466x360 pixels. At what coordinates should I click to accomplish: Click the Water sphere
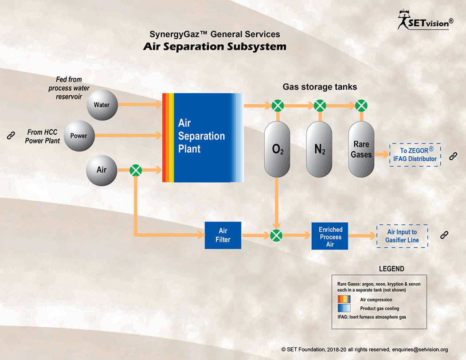click(102, 105)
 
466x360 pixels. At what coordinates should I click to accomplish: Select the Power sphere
click(79, 136)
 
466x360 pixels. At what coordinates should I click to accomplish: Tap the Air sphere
click(102, 170)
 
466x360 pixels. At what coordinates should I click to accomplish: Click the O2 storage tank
click(277, 149)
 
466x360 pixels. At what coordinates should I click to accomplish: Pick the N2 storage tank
click(319, 149)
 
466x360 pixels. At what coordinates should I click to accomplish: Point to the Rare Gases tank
click(361, 149)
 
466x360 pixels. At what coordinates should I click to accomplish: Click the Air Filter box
click(223, 235)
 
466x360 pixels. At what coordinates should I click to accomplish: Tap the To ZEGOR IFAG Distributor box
click(415, 155)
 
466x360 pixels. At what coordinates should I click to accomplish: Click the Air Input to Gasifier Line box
click(402, 236)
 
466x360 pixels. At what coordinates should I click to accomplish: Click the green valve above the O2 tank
click(278, 106)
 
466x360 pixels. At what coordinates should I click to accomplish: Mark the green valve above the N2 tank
click(320, 106)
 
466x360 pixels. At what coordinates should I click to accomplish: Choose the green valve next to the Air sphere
click(136, 170)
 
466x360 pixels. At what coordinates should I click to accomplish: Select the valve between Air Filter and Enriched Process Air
click(276, 235)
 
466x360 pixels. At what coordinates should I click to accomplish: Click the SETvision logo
click(425, 20)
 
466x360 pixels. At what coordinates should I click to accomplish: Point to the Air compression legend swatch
click(344, 299)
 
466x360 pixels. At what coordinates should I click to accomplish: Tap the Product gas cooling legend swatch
click(344, 308)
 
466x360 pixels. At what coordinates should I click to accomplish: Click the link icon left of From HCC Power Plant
click(11, 136)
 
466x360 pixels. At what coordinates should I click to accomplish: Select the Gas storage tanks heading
click(320, 87)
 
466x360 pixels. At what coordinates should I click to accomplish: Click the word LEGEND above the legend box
click(392, 269)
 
